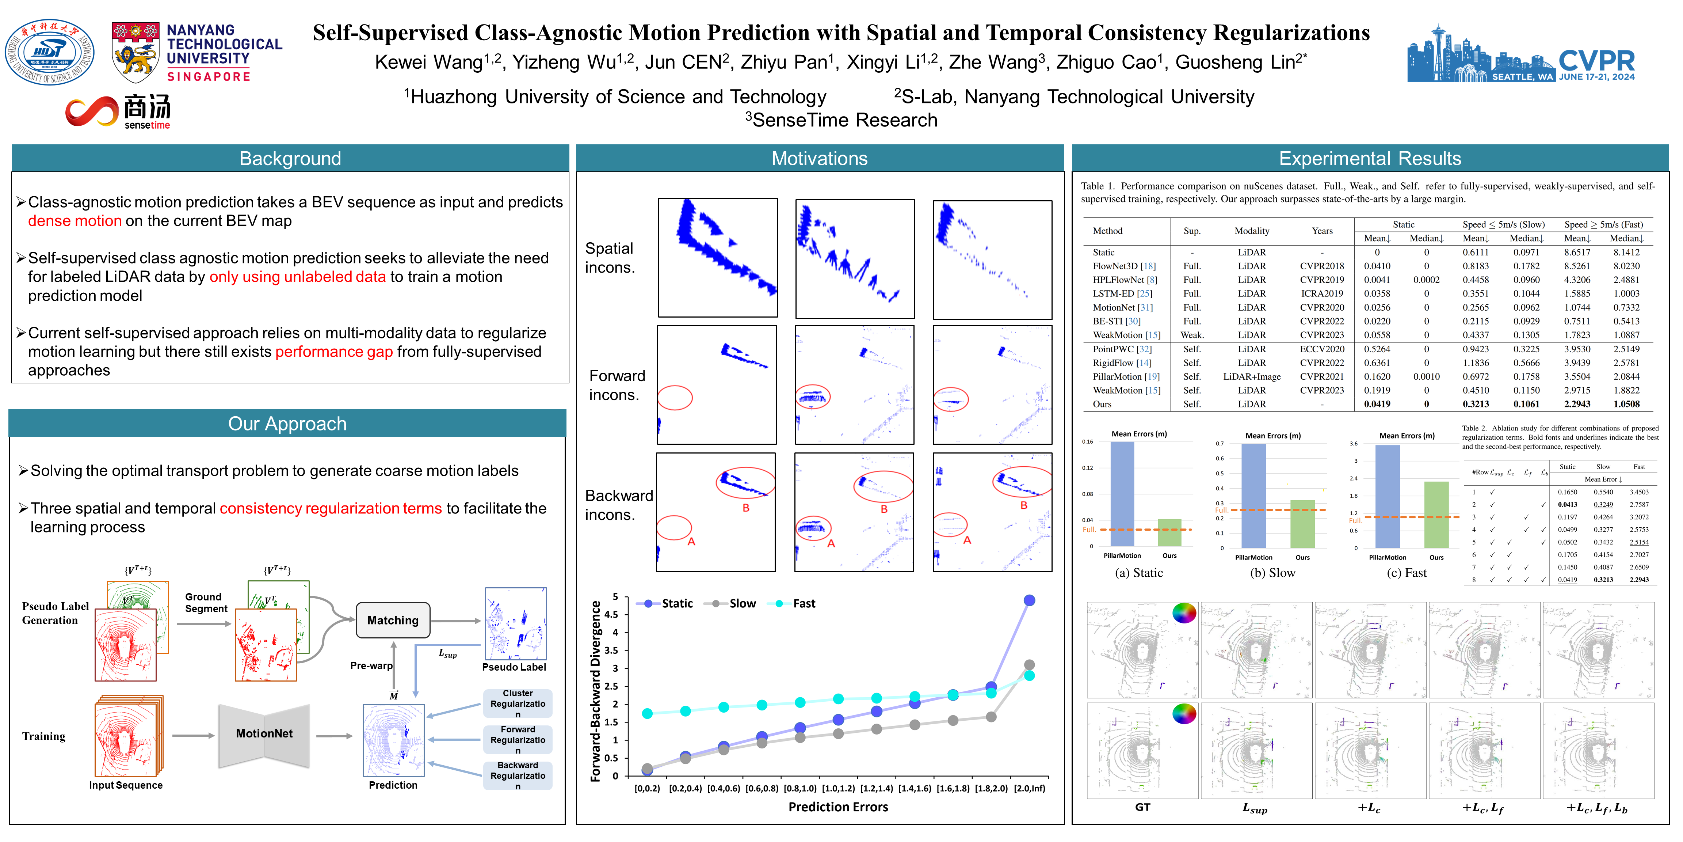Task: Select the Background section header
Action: coord(290,158)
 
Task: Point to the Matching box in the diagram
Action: coord(393,620)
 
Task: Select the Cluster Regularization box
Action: coord(518,703)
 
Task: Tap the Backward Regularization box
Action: coord(518,775)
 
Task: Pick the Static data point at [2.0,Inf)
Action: coord(1029,600)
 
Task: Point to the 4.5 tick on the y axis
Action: coord(611,614)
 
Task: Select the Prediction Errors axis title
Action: coord(838,807)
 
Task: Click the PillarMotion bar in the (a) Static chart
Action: coord(1122,494)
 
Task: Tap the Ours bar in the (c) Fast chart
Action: coord(1436,515)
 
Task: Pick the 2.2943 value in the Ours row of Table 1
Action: coord(1576,404)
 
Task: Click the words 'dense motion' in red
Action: coord(75,221)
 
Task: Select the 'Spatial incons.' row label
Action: coord(610,258)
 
